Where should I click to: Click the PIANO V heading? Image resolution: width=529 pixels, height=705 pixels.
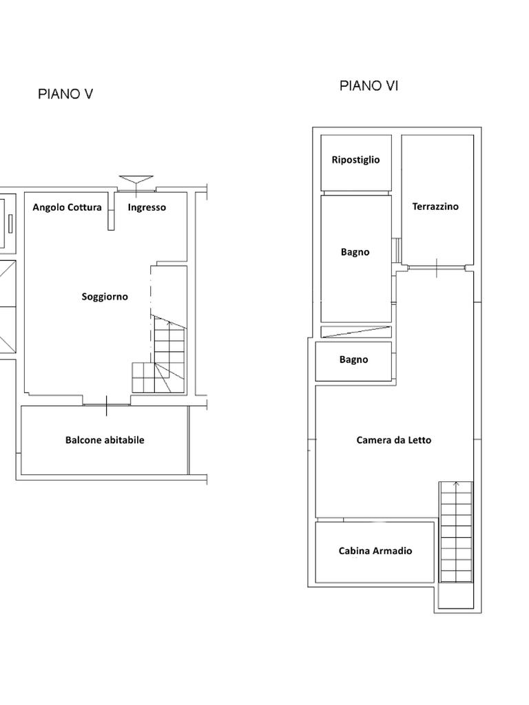pos(65,94)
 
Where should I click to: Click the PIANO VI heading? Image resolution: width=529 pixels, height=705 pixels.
pos(369,85)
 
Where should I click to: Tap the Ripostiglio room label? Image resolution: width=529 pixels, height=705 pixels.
pos(355,160)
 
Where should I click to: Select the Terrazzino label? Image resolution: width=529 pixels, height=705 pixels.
pos(435,207)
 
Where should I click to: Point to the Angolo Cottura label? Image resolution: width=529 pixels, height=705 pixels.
pos(67,207)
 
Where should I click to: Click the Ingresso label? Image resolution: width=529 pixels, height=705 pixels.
pos(147,207)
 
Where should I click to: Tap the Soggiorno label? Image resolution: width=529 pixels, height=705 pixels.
pos(105,297)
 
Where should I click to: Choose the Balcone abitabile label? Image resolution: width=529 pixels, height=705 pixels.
pos(105,440)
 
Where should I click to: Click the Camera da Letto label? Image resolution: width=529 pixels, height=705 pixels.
pos(393,440)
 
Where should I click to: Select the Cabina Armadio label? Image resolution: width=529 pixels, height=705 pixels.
pos(375,551)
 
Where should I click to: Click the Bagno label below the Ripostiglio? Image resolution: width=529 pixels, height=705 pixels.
pos(355,252)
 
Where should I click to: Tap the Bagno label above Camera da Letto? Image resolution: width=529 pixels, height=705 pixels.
pos(353,359)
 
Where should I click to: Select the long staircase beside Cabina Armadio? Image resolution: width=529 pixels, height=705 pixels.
pos(456,532)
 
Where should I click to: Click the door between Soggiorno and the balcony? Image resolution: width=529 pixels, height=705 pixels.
pos(107,405)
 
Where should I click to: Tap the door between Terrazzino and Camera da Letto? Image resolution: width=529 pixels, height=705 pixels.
pos(437,268)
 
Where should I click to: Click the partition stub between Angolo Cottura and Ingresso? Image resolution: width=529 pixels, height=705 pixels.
pos(111,211)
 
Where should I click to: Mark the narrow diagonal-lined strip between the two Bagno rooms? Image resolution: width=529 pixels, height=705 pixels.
pos(356,332)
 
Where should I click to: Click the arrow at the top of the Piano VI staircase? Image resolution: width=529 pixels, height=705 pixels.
pos(457,484)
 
